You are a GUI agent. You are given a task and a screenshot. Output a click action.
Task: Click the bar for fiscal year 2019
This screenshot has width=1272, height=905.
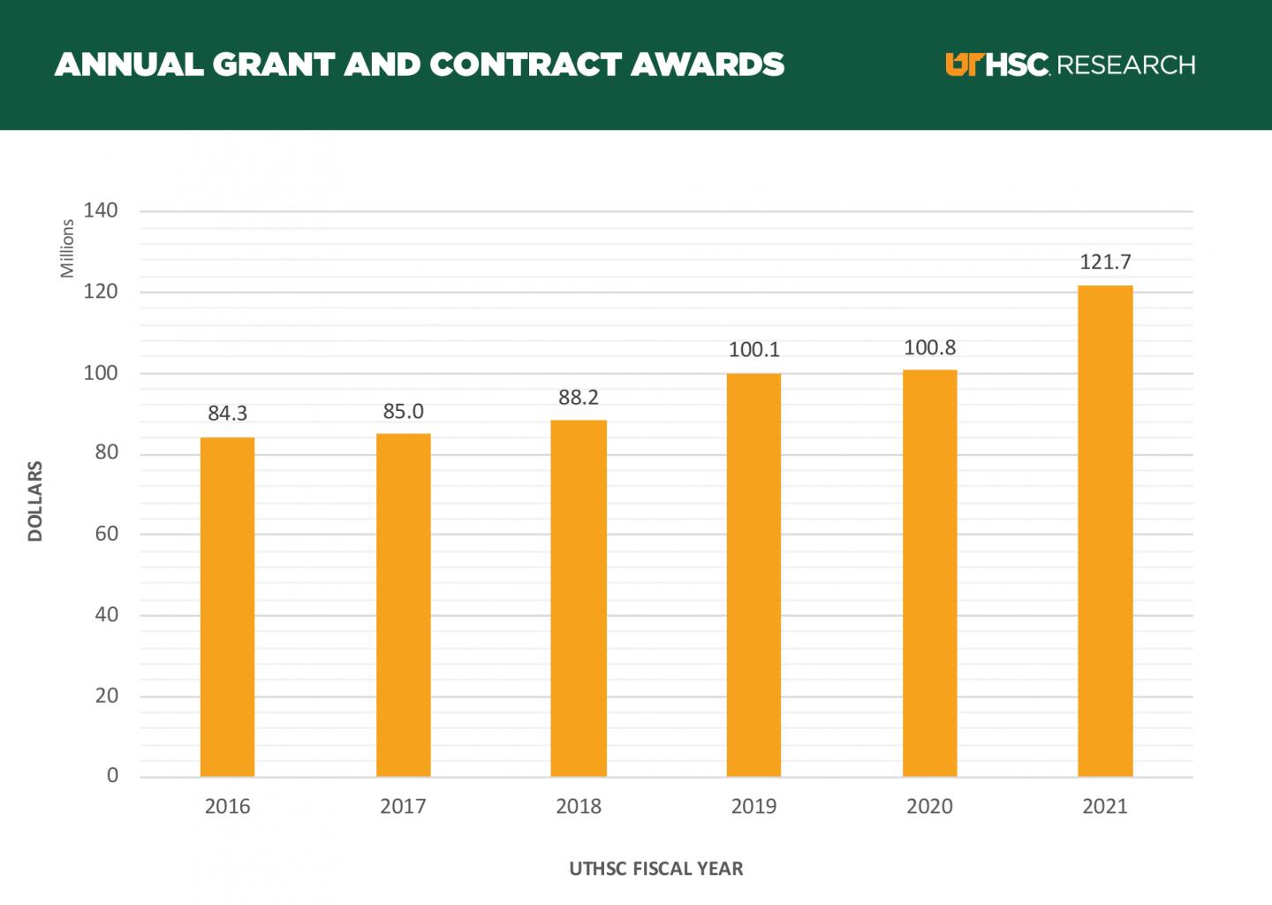[x=753, y=574]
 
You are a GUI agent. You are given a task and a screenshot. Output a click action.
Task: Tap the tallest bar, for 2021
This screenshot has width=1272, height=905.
[x=1105, y=530]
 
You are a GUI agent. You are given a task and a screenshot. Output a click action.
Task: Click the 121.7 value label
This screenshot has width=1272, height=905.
[x=1105, y=262]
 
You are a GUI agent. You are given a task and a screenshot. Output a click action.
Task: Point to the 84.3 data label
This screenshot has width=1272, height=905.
[x=227, y=413]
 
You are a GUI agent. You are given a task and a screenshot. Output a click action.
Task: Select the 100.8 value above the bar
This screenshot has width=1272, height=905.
[x=929, y=347]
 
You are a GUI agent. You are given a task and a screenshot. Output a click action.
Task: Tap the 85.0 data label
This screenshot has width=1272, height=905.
[x=403, y=411]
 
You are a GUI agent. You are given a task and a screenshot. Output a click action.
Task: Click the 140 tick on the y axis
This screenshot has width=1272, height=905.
[x=101, y=210]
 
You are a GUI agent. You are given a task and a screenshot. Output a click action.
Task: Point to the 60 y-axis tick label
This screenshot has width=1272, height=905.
[x=106, y=533]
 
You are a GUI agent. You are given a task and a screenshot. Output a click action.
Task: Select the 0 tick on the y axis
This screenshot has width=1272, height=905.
[x=112, y=775]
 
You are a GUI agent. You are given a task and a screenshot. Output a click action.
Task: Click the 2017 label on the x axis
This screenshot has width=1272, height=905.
[x=403, y=806]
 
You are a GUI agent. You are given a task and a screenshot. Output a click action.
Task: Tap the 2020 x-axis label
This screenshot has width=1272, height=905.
[x=929, y=806]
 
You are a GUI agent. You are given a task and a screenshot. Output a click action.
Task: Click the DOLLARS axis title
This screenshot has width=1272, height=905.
[x=35, y=500]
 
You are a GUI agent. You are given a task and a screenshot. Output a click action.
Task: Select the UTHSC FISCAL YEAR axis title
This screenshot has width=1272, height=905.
[x=656, y=869]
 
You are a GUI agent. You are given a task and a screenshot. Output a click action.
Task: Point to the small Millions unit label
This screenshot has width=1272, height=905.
[x=67, y=248]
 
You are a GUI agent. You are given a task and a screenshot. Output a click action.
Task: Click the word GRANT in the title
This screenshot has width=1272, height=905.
[x=272, y=65]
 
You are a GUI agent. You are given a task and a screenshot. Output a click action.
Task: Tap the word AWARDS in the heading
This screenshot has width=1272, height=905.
[x=708, y=65]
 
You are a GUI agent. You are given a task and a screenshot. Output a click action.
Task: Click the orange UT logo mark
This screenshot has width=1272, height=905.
[x=964, y=65]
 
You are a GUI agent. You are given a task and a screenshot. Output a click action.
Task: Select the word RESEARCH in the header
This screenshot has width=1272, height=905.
[x=1125, y=65]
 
